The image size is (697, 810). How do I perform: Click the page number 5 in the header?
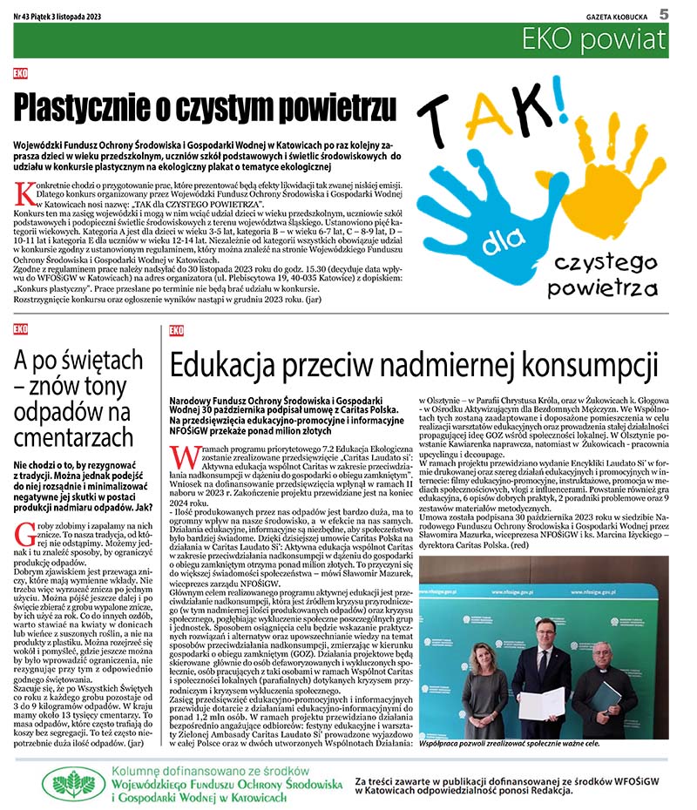pos(663,13)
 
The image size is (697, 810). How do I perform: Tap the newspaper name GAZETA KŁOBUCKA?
pos(616,15)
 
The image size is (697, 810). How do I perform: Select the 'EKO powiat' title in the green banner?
pos(595,39)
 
